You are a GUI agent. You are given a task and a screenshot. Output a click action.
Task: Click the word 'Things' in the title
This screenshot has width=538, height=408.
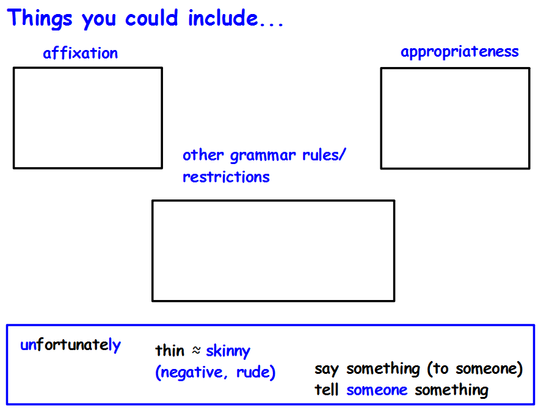coord(40,18)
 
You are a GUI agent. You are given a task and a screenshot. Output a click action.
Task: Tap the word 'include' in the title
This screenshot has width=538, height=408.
coord(223,18)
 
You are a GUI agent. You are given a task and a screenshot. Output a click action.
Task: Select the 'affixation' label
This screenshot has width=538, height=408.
coord(80,53)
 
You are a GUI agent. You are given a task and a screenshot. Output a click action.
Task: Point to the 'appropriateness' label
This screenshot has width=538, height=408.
coord(460,52)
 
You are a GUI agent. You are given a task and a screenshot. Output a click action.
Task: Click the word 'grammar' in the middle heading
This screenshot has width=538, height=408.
coord(263,156)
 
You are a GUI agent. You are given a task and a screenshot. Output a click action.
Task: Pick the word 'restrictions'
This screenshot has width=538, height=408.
coord(226,177)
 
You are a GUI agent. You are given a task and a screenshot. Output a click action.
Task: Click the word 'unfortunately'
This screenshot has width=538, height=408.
coord(71,345)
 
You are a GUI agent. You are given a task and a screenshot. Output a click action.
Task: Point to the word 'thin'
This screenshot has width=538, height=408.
coord(170,351)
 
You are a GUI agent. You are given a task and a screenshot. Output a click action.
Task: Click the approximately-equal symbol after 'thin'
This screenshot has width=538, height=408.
coord(196,350)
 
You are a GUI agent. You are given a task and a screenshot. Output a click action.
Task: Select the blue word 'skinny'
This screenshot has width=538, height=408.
coord(228,351)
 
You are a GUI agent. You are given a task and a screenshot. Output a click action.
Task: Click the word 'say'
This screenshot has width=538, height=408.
coord(327,370)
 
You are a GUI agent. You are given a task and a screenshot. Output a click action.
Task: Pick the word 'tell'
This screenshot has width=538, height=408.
coord(327,390)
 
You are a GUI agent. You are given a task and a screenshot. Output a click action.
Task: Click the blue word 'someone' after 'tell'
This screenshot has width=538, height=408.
coord(377,390)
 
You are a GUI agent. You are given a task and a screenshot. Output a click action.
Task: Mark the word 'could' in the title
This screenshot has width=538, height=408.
coord(151,18)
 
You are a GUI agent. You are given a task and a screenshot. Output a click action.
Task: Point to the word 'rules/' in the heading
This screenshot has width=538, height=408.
coord(324,155)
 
